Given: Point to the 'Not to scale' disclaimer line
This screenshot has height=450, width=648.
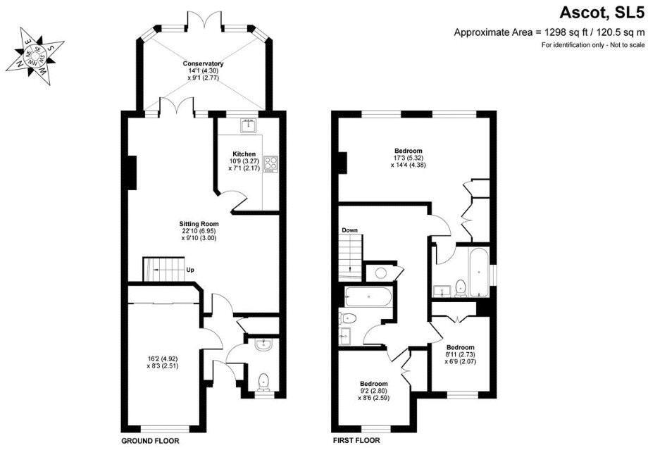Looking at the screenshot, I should pos(592,45).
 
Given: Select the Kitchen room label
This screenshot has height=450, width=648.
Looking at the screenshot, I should pos(244,154).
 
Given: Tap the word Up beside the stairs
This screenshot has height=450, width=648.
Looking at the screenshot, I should pos(190,269).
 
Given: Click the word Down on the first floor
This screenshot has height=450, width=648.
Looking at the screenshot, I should pos(349,230).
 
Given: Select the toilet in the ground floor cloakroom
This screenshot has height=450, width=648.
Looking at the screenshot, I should pos(263,380).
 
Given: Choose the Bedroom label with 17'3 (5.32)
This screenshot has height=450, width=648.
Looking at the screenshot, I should pos(408,151).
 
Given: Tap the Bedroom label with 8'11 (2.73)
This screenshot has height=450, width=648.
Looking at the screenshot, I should pos(459,347).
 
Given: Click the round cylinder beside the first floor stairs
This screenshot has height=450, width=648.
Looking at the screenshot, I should pos(382,273).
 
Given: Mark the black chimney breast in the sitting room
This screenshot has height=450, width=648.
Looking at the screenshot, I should pos(131,171).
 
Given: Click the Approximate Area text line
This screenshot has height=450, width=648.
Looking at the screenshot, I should pos(549,32).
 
